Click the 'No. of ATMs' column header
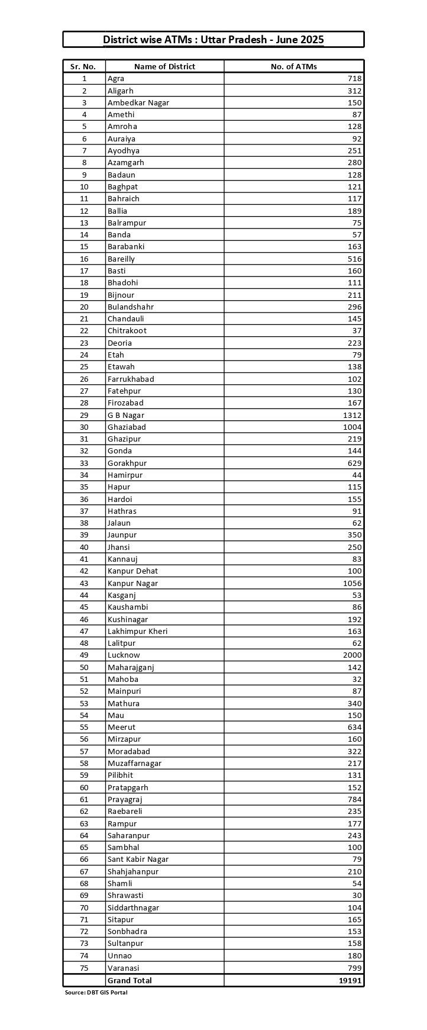click(293, 66)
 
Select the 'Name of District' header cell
click(164, 66)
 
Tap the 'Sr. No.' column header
click(84, 66)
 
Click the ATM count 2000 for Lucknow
click(352, 655)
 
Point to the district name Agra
click(116, 79)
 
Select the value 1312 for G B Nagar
click(352, 415)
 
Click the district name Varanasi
click(123, 968)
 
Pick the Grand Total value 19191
click(350, 980)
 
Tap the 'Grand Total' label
click(130, 980)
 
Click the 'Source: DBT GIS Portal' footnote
click(96, 992)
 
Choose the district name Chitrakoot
click(127, 331)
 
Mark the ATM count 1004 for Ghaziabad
click(352, 427)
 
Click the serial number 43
click(84, 583)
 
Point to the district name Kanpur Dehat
click(132, 571)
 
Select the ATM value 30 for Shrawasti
click(357, 896)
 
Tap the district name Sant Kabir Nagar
click(138, 860)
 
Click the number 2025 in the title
click(312, 40)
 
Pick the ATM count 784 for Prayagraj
click(354, 800)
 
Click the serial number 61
click(84, 800)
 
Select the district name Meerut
click(121, 728)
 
